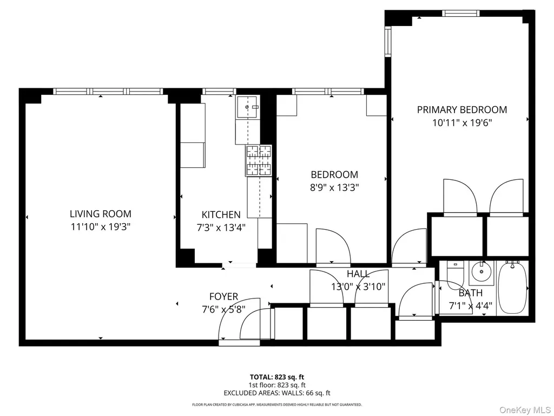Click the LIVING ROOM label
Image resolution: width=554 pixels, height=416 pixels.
pyautogui.click(x=100, y=213)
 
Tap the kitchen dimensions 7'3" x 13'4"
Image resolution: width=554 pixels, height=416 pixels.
pyautogui.click(x=221, y=227)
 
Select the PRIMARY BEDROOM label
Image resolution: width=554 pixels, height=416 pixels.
pyautogui.click(x=462, y=109)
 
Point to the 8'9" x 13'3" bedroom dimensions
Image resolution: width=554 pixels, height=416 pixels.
pyautogui.click(x=334, y=187)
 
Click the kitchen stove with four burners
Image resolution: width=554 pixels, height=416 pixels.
pyautogui.click(x=259, y=160)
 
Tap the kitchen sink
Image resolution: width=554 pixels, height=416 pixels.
pyautogui.click(x=248, y=107)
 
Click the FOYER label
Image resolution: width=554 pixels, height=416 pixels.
pyautogui.click(x=223, y=296)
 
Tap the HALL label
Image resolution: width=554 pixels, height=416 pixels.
pyautogui.click(x=358, y=274)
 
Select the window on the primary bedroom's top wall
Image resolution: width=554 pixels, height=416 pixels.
pyautogui.click(x=461, y=14)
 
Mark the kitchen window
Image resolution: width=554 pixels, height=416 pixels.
pyautogui.click(x=219, y=91)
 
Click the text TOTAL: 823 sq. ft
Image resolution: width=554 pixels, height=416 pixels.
pyautogui.click(x=277, y=377)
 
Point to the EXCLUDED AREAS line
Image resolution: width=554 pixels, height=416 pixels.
pyautogui.click(x=277, y=393)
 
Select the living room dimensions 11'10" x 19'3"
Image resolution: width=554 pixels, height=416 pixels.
pyautogui.click(x=101, y=227)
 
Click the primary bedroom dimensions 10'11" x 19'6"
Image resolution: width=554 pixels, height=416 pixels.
pyautogui.click(x=462, y=123)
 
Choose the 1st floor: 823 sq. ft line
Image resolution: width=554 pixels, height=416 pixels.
pyautogui.click(x=277, y=385)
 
